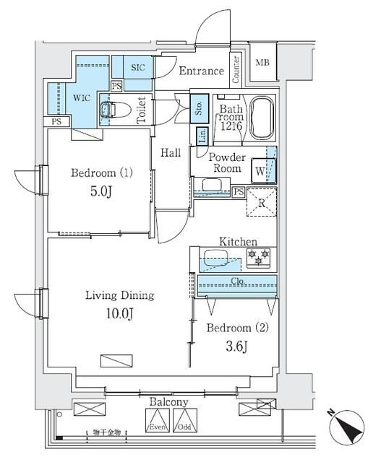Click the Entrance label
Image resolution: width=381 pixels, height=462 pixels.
tap(201, 71)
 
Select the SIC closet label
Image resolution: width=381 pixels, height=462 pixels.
tap(137, 67)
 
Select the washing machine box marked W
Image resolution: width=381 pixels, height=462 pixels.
tap(258, 172)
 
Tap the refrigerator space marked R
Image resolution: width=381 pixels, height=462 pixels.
tap(262, 202)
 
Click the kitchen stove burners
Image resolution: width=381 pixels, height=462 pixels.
tap(259, 255)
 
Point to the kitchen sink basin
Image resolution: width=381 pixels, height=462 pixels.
tap(215, 257)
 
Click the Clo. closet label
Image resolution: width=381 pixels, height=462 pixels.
tap(238, 281)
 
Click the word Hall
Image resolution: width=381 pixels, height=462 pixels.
tap(171, 152)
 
